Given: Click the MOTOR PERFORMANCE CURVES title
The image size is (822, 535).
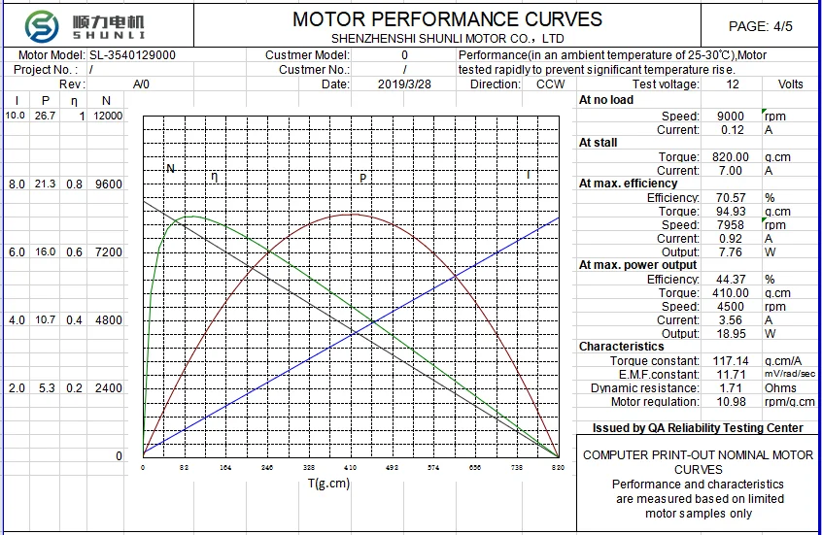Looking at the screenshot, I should tap(447, 19).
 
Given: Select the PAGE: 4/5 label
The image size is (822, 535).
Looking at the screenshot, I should tap(760, 26).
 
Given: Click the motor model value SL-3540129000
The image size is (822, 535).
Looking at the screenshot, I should tap(132, 55).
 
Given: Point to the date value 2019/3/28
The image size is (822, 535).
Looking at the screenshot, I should tap(404, 84).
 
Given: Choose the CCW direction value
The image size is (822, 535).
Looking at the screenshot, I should tap(550, 84).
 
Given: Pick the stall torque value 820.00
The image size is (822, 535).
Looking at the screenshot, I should tap(730, 157).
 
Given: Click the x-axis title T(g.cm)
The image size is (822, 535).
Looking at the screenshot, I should tap(328, 484).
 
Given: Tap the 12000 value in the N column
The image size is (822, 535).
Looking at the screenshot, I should tap(108, 116).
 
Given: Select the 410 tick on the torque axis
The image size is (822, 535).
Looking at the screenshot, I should tap(351, 468).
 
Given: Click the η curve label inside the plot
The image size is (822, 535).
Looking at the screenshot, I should tap(215, 176).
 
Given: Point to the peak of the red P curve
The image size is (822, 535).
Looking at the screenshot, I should tap(351, 214).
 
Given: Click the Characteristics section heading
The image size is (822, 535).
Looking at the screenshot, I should tap(622, 347).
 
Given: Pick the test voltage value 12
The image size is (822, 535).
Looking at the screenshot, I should tap(733, 84).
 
